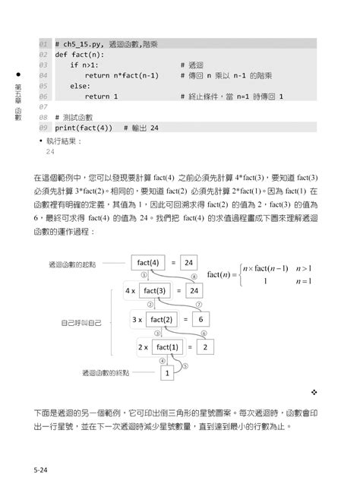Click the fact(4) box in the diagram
pos(149,263)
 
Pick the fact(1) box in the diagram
pos(168,347)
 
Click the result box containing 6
pos(202,320)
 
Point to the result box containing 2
pos(205,347)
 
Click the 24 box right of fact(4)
pos(189,263)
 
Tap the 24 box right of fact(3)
pos(194,291)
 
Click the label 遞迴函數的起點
pos(72,264)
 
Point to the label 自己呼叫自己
pos(82,322)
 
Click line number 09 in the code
pos(43,128)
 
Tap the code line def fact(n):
pos(79,55)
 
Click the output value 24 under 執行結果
pos(50,151)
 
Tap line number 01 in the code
pos(43,44)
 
